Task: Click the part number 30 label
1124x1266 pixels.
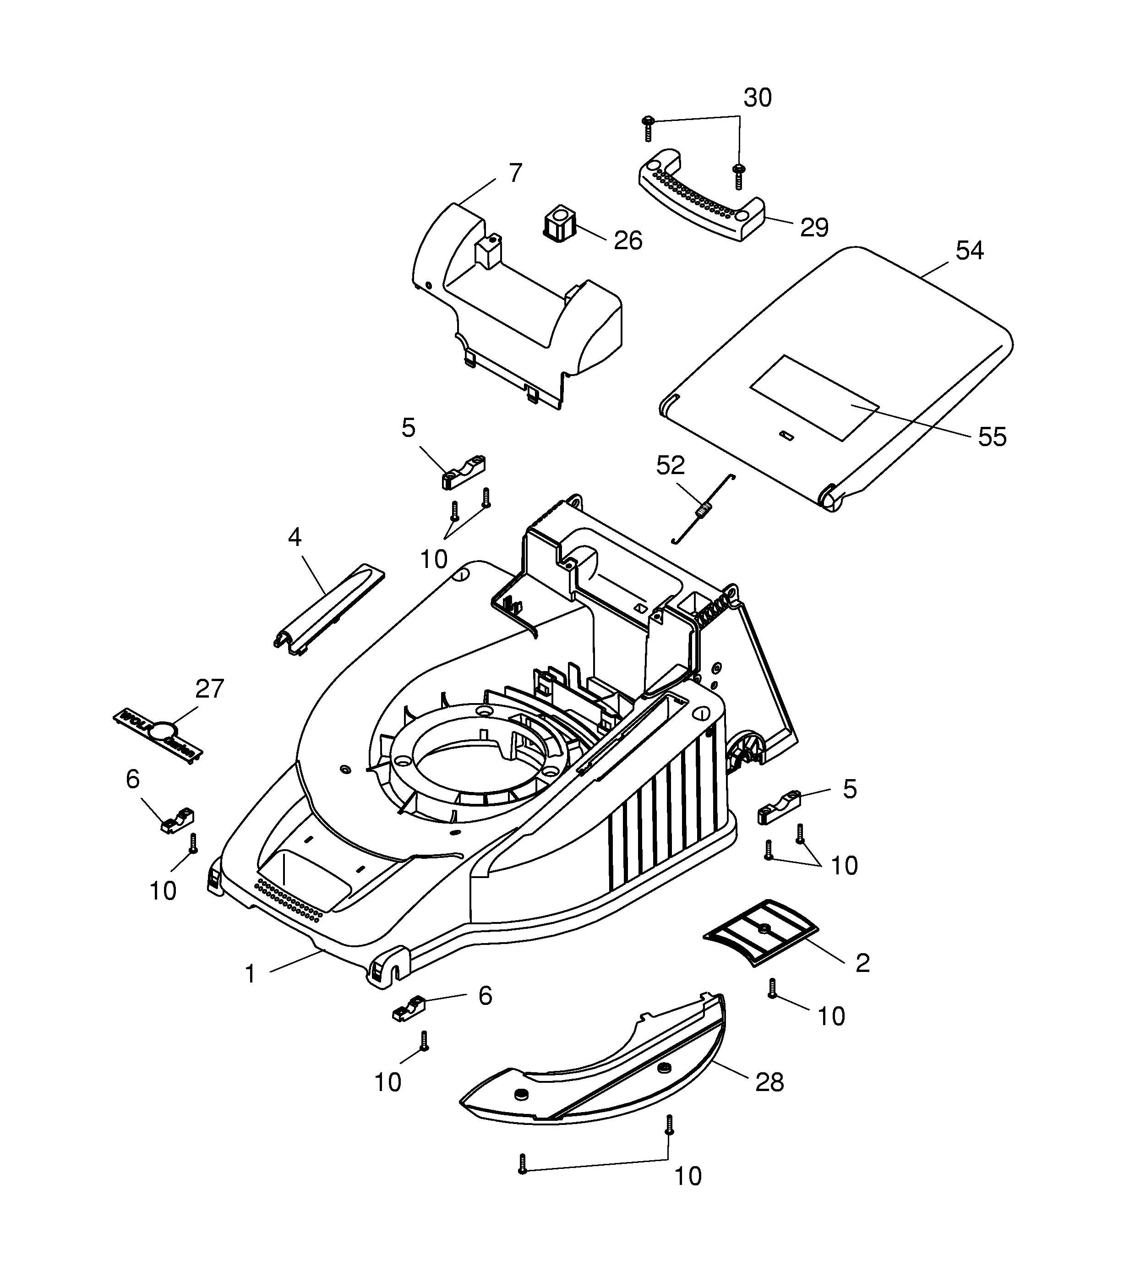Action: point(758,98)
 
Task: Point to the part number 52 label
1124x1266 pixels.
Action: point(671,465)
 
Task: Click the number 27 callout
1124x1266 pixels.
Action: point(209,689)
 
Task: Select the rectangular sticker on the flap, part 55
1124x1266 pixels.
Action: point(814,398)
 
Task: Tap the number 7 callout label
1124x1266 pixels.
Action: point(515,173)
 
